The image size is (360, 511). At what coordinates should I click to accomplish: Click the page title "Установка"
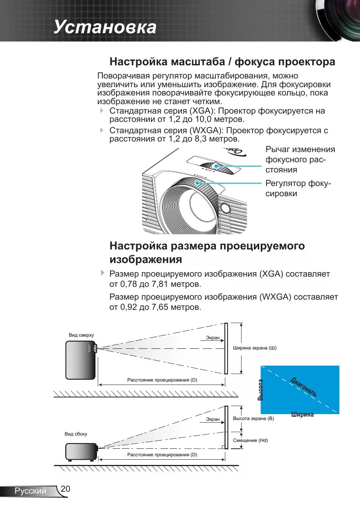[105, 27]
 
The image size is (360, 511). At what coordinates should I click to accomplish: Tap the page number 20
[65, 489]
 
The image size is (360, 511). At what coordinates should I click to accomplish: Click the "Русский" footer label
[30, 491]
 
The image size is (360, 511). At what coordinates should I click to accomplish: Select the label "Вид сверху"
[81, 335]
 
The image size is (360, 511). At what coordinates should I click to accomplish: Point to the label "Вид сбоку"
[76, 434]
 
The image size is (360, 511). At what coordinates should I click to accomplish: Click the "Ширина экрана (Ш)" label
[255, 348]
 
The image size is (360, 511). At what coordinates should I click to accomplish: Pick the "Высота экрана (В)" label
[254, 419]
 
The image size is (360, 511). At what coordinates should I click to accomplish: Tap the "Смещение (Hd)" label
[251, 440]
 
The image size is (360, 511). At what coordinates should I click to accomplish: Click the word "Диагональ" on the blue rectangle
[303, 386]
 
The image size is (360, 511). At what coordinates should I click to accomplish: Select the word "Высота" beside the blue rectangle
[260, 390]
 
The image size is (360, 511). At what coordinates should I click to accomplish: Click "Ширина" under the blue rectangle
[302, 414]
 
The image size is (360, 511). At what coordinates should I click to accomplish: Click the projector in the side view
[81, 451]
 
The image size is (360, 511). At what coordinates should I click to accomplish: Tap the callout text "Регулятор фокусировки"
[298, 188]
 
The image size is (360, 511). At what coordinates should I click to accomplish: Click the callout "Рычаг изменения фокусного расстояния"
[300, 160]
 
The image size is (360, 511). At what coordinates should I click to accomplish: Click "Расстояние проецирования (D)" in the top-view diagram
[162, 380]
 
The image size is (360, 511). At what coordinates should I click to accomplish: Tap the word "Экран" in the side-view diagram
[213, 419]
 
